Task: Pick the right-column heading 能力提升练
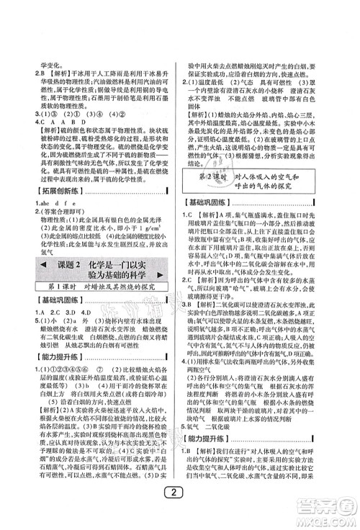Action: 215,436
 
